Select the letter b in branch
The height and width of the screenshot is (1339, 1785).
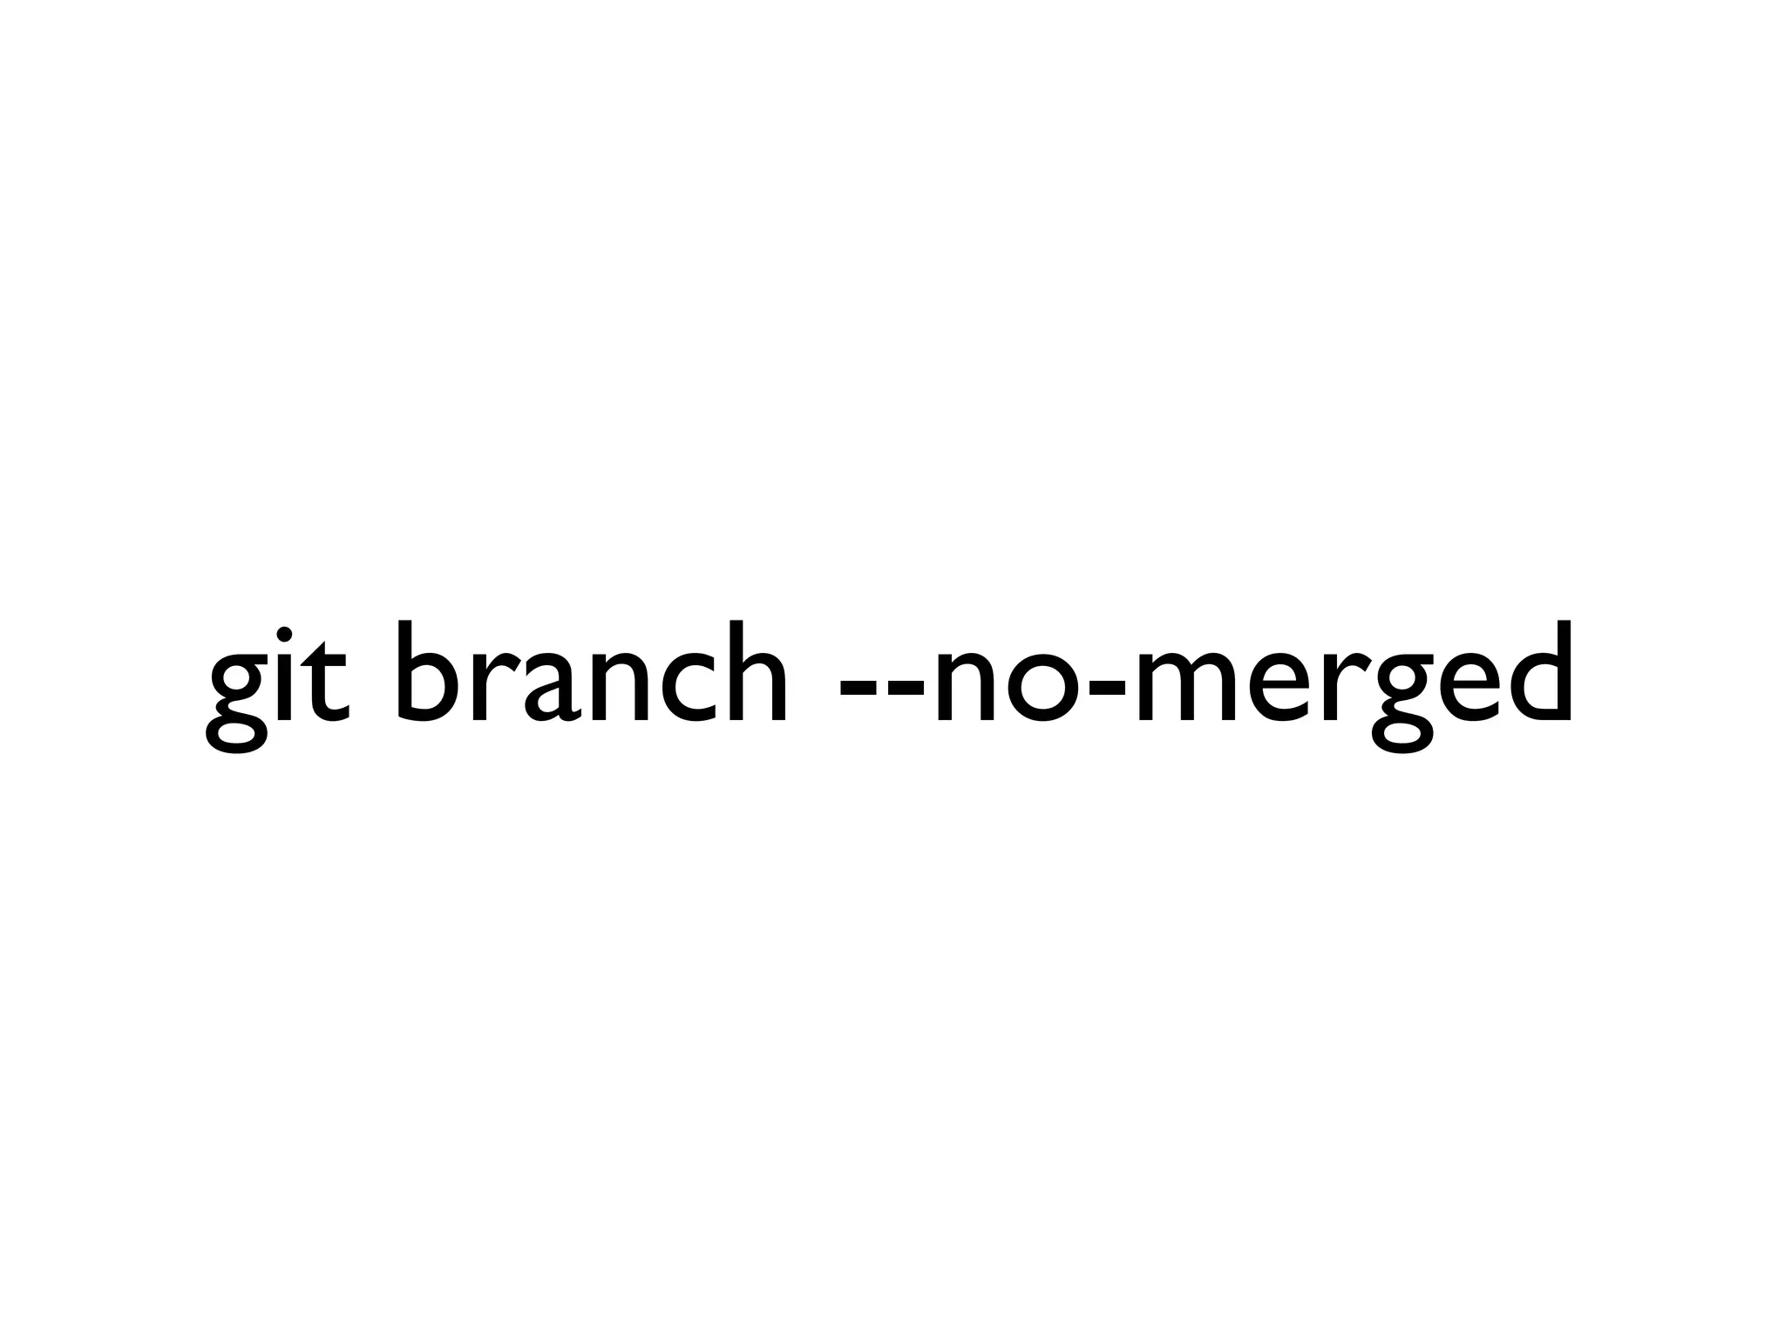pyautogui.click(x=427, y=671)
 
